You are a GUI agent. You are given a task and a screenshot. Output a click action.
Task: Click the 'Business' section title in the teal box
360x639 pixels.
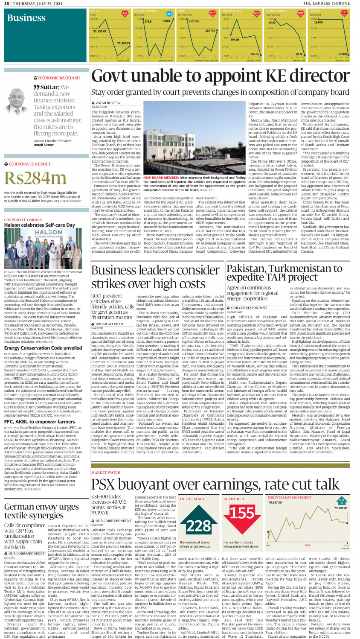pyautogui.click(x=26, y=18)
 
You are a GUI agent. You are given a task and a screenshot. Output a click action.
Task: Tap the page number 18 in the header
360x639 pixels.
pyautogui.click(x=6, y=3)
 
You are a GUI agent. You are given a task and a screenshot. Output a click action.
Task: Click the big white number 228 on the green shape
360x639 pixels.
pyautogui.click(x=198, y=526)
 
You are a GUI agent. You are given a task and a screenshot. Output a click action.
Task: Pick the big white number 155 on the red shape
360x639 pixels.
pyautogui.click(x=242, y=513)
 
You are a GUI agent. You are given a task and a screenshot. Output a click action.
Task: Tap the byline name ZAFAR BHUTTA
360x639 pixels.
pyautogui.click(x=108, y=103)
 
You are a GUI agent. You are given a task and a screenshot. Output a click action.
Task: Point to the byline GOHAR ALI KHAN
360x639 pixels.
pyautogui.click(x=109, y=324)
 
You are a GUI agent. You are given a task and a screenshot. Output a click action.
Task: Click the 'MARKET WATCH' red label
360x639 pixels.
pyautogui.click(x=106, y=473)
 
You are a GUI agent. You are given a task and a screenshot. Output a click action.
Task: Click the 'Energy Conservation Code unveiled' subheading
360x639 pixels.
pyautogui.click(x=43, y=348)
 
